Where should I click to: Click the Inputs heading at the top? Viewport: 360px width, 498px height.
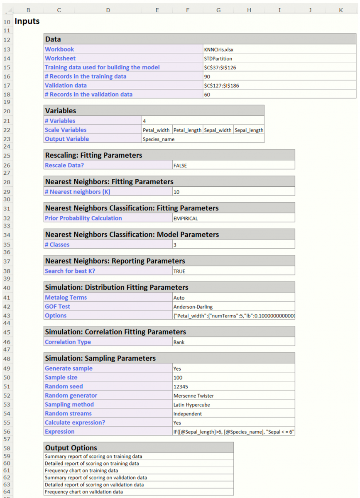pos(27,21)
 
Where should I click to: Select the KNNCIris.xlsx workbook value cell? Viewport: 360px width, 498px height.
pos(219,49)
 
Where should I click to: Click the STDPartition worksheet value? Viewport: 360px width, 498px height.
pos(218,59)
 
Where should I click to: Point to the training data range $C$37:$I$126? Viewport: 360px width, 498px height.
pos(220,68)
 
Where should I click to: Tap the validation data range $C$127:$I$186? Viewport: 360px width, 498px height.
pos(221,85)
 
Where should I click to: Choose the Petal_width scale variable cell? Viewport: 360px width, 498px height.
pos(156,130)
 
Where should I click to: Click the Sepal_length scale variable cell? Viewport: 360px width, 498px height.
pos(249,130)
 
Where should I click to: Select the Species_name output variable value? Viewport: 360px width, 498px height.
pos(159,139)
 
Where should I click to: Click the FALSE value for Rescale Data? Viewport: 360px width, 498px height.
pos(180,165)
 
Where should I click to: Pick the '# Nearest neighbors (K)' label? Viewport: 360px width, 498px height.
pos(78,192)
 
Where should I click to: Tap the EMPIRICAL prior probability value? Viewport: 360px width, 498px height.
pos(186,218)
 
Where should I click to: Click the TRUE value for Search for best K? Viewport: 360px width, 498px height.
pos(179,271)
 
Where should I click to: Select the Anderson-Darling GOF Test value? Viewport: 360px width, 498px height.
pos(193,307)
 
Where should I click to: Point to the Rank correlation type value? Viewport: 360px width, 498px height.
pos(179,342)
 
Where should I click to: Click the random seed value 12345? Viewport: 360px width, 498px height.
pos(181,386)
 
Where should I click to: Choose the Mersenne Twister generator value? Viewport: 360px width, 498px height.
pos(194,395)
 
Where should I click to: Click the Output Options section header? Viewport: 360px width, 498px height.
pos(71,448)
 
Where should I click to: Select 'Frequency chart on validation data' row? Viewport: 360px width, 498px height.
pos(84,492)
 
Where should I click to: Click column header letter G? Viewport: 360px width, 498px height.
pos(218,10)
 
